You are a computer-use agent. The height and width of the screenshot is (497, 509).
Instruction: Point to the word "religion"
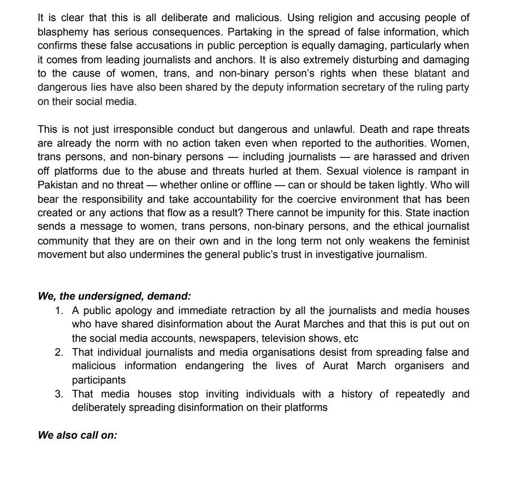click(323, 18)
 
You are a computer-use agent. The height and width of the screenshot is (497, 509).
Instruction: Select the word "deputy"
click(250, 87)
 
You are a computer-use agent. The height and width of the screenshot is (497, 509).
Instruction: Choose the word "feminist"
click(451, 241)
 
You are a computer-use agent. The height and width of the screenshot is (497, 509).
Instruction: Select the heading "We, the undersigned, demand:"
click(114, 296)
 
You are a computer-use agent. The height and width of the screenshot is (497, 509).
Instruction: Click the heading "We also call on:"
click(77, 436)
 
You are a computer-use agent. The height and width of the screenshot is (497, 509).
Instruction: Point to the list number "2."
click(59, 353)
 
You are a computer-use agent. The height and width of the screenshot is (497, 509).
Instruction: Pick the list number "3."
click(59, 394)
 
